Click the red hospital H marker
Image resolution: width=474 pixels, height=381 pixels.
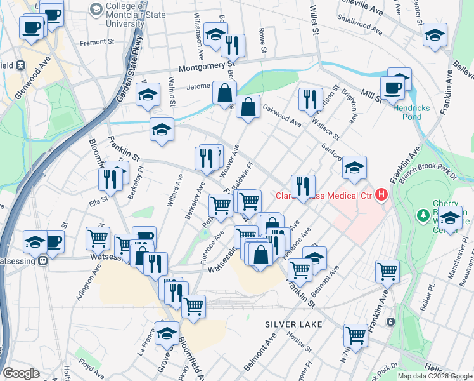point(381,194)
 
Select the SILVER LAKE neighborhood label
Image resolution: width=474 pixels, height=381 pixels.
point(293,324)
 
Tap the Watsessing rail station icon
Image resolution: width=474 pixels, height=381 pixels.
point(42,260)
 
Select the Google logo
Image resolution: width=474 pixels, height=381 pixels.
point(21,373)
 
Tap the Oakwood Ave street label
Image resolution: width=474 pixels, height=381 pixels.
point(282,114)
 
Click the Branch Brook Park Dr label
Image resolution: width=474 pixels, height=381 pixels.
point(432,170)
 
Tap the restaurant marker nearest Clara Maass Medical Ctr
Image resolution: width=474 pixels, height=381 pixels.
point(303,185)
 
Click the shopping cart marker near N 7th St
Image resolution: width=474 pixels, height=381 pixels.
point(355,334)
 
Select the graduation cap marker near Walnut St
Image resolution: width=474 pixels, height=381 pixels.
point(148,95)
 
